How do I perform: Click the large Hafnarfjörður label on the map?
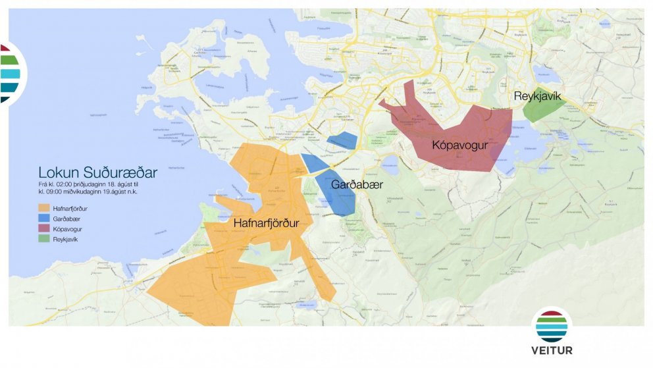(x=267, y=224)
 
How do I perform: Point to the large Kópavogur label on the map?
(x=459, y=145)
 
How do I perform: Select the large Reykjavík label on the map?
(x=537, y=97)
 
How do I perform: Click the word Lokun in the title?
(x=59, y=173)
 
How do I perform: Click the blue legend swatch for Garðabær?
(x=44, y=219)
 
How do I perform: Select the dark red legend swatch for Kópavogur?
(x=44, y=229)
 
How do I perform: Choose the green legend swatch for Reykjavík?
(x=44, y=239)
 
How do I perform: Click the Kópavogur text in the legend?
(x=68, y=229)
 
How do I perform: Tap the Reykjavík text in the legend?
(x=67, y=239)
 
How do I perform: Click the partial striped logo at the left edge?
(x=12, y=72)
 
